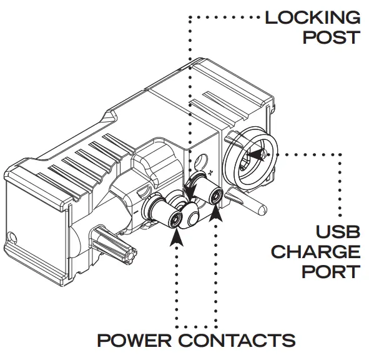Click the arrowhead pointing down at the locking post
pyautogui.click(x=191, y=187)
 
